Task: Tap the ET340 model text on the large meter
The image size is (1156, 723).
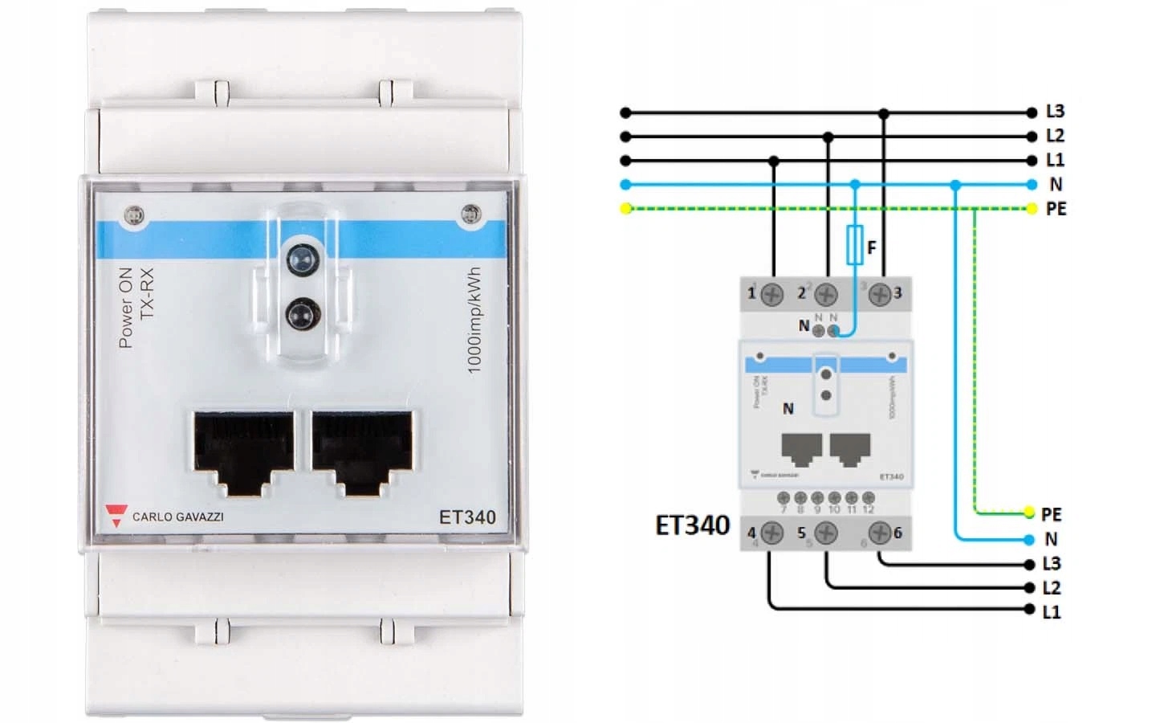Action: click(x=466, y=517)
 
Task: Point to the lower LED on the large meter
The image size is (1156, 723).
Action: click(x=301, y=311)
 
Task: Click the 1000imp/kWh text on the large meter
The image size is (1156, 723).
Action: click(x=474, y=320)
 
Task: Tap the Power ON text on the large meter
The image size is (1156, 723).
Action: click(x=126, y=308)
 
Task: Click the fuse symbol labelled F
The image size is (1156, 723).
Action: click(x=855, y=244)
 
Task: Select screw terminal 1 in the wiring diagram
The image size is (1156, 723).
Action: click(x=771, y=294)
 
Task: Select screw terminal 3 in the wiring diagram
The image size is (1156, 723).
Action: click(x=880, y=294)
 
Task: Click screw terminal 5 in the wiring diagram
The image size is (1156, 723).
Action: click(x=826, y=533)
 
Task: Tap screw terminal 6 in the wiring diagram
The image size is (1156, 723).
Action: click(x=880, y=533)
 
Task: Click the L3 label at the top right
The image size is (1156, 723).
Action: click(x=1055, y=112)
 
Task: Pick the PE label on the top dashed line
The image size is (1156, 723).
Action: click(x=1056, y=209)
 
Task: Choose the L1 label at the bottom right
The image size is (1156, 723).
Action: click(x=1052, y=612)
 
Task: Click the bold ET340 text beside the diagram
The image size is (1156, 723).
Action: click(x=692, y=525)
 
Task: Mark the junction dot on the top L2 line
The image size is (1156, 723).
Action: click(x=828, y=137)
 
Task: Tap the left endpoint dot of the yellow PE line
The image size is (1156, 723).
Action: click(x=626, y=209)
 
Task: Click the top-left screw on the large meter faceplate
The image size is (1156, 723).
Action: click(x=134, y=215)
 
